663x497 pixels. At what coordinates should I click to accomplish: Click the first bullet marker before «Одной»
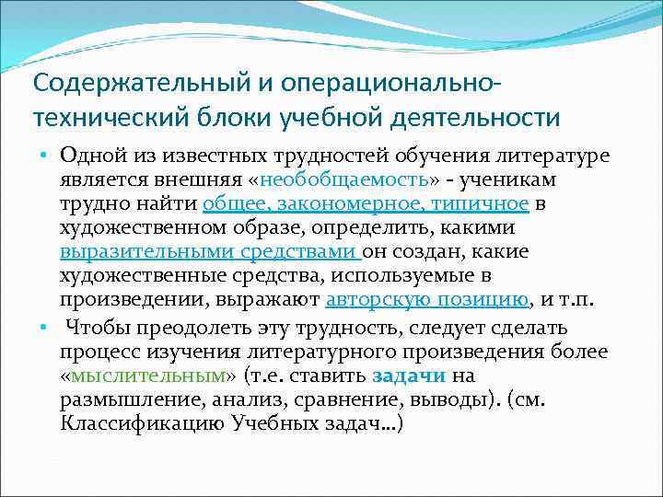point(44,154)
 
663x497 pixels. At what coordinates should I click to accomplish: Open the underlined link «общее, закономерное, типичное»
point(366,202)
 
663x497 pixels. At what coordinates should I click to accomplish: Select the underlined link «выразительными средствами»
point(210,250)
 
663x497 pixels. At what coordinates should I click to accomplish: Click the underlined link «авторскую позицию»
point(427,298)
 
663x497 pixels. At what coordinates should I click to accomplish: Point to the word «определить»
point(384,226)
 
